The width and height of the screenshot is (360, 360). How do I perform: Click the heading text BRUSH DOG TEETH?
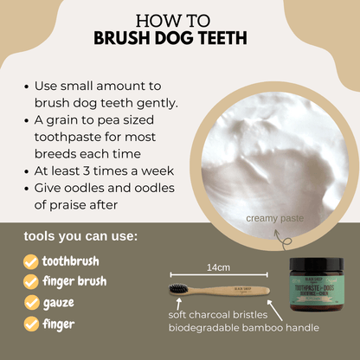point(181,40)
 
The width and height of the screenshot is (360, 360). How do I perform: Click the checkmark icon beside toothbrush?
point(30,260)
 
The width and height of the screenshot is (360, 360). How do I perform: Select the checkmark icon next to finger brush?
point(30,281)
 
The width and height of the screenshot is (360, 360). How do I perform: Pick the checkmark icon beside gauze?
point(30,303)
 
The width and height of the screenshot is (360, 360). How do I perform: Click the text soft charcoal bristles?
point(216,315)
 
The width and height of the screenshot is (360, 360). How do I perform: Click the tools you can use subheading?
point(81,235)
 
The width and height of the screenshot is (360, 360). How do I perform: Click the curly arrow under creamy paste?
point(279,235)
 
